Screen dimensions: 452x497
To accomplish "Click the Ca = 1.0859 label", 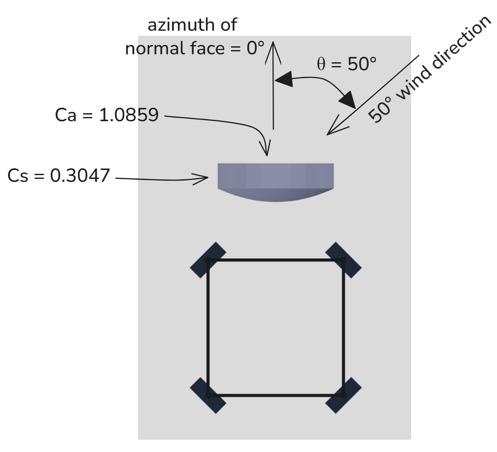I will tap(106, 115).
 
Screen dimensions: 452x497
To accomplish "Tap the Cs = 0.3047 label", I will tap(58, 175).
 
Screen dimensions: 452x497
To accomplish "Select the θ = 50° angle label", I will tap(346, 64).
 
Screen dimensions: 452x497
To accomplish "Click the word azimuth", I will tap(176, 25).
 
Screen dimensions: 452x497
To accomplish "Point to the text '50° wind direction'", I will tap(429, 70).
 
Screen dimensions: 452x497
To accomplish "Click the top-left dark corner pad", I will tap(208, 260).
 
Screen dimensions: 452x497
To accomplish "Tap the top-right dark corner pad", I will tap(343, 260).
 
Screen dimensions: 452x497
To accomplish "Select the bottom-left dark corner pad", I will tap(208, 395).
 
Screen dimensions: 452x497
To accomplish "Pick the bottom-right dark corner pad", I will tap(343, 395).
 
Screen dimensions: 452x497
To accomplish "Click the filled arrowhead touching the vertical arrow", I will tap(284, 79).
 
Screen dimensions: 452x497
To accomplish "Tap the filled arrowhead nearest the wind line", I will tap(348, 101).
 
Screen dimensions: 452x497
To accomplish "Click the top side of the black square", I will tap(276, 260).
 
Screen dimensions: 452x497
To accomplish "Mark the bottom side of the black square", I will tap(276, 395).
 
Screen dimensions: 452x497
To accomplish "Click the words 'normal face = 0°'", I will tap(195, 49).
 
